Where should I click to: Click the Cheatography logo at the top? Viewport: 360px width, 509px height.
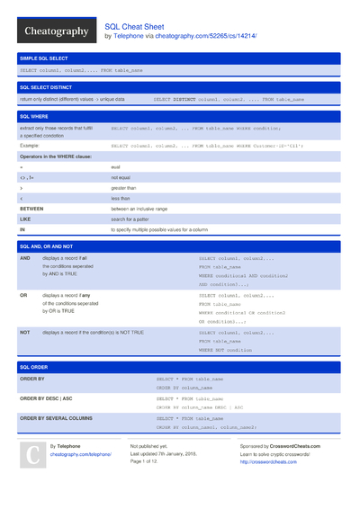55,31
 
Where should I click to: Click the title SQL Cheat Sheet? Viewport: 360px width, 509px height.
135,26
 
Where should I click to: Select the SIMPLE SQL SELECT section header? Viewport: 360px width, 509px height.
47,58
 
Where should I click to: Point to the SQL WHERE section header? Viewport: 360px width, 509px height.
35,117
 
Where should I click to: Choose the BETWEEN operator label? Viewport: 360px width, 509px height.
32,208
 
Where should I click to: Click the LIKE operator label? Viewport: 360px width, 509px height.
25,219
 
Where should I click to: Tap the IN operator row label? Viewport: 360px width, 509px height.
22,229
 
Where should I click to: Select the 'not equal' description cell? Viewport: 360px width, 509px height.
121,177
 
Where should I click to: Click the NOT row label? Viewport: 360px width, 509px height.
24,332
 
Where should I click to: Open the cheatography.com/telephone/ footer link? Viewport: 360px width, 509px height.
80,455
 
